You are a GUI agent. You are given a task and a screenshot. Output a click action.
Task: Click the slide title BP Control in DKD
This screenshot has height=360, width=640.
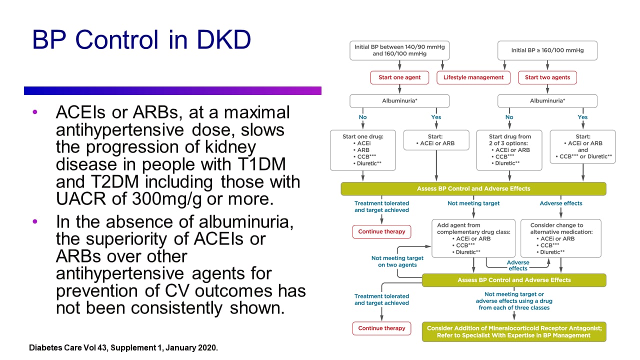(x=141, y=40)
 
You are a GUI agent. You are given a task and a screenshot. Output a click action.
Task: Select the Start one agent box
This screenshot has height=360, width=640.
(x=399, y=77)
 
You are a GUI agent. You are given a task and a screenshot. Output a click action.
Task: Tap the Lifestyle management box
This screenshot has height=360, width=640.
(x=473, y=77)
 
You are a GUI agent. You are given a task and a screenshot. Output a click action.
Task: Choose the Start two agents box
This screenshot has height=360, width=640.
(x=547, y=77)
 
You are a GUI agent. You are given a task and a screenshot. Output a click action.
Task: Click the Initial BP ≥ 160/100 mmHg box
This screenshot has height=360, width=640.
(x=547, y=50)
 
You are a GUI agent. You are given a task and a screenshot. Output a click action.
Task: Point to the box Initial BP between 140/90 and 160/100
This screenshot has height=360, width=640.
(x=399, y=50)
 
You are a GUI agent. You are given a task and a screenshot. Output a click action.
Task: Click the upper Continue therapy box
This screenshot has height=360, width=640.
(x=381, y=232)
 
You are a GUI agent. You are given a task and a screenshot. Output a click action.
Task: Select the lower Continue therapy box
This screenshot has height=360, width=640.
(x=381, y=328)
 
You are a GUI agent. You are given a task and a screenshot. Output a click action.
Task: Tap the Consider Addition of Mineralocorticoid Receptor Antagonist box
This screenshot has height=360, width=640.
(x=514, y=332)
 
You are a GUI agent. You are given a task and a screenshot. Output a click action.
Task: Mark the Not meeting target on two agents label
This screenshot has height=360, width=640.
(x=397, y=261)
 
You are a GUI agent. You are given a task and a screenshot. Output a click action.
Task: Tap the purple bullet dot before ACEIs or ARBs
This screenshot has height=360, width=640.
(x=34, y=112)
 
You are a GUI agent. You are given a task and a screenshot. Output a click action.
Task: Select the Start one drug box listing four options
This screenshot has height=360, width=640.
(x=363, y=150)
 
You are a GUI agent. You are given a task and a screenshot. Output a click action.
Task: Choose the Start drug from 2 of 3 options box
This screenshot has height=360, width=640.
(x=509, y=150)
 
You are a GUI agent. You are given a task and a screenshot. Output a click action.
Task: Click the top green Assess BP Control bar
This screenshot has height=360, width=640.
(x=473, y=189)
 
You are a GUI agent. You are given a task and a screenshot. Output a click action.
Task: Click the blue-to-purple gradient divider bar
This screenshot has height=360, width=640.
(x=172, y=90)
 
